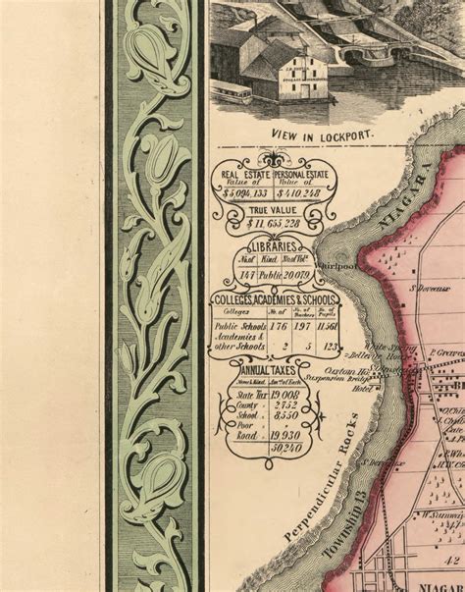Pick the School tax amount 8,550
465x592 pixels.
tap(284, 414)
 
